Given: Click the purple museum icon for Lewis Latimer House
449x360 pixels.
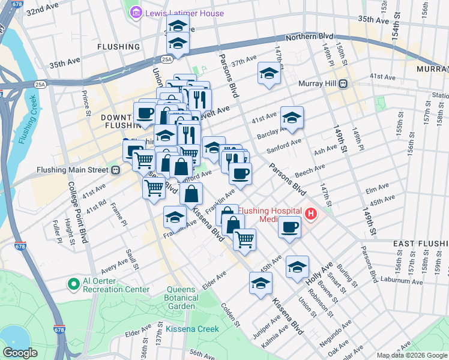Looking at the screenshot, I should pos(136,13).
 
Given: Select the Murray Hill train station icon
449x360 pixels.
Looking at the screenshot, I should pos(343,83).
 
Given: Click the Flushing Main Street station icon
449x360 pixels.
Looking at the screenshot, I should pos(116,170).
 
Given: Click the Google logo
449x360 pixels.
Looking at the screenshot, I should pos(20,352).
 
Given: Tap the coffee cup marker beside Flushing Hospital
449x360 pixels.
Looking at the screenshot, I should pos(289,227).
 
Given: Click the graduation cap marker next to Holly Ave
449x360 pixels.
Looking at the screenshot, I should pos(297,268).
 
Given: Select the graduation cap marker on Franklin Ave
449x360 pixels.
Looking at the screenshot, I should pos(175,216).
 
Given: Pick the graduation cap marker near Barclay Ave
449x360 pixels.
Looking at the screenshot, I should pos(292,118).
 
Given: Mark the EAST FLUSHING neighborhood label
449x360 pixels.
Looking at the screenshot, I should pos(420,243).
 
